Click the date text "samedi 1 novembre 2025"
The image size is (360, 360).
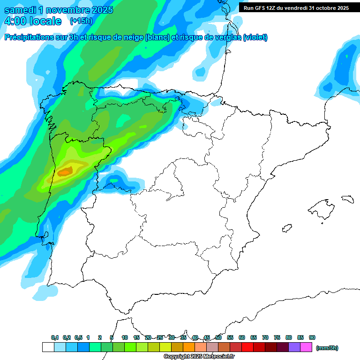59,10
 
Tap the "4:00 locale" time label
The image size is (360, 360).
33,21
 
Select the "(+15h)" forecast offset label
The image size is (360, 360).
81,21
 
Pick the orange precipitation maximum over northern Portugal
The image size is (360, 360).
65,172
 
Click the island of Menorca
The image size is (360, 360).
347,199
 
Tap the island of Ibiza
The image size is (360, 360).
287,228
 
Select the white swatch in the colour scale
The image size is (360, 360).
48,347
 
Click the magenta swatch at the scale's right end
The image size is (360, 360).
306,347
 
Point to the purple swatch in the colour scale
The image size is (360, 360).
294,347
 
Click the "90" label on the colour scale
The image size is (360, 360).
312,337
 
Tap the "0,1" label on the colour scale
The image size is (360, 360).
55,337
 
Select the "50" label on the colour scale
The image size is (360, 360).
218,337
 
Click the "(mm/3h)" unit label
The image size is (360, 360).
327,348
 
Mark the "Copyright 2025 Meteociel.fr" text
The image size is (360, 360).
199,357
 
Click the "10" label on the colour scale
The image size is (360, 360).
125,337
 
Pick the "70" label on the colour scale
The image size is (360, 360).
265,337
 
